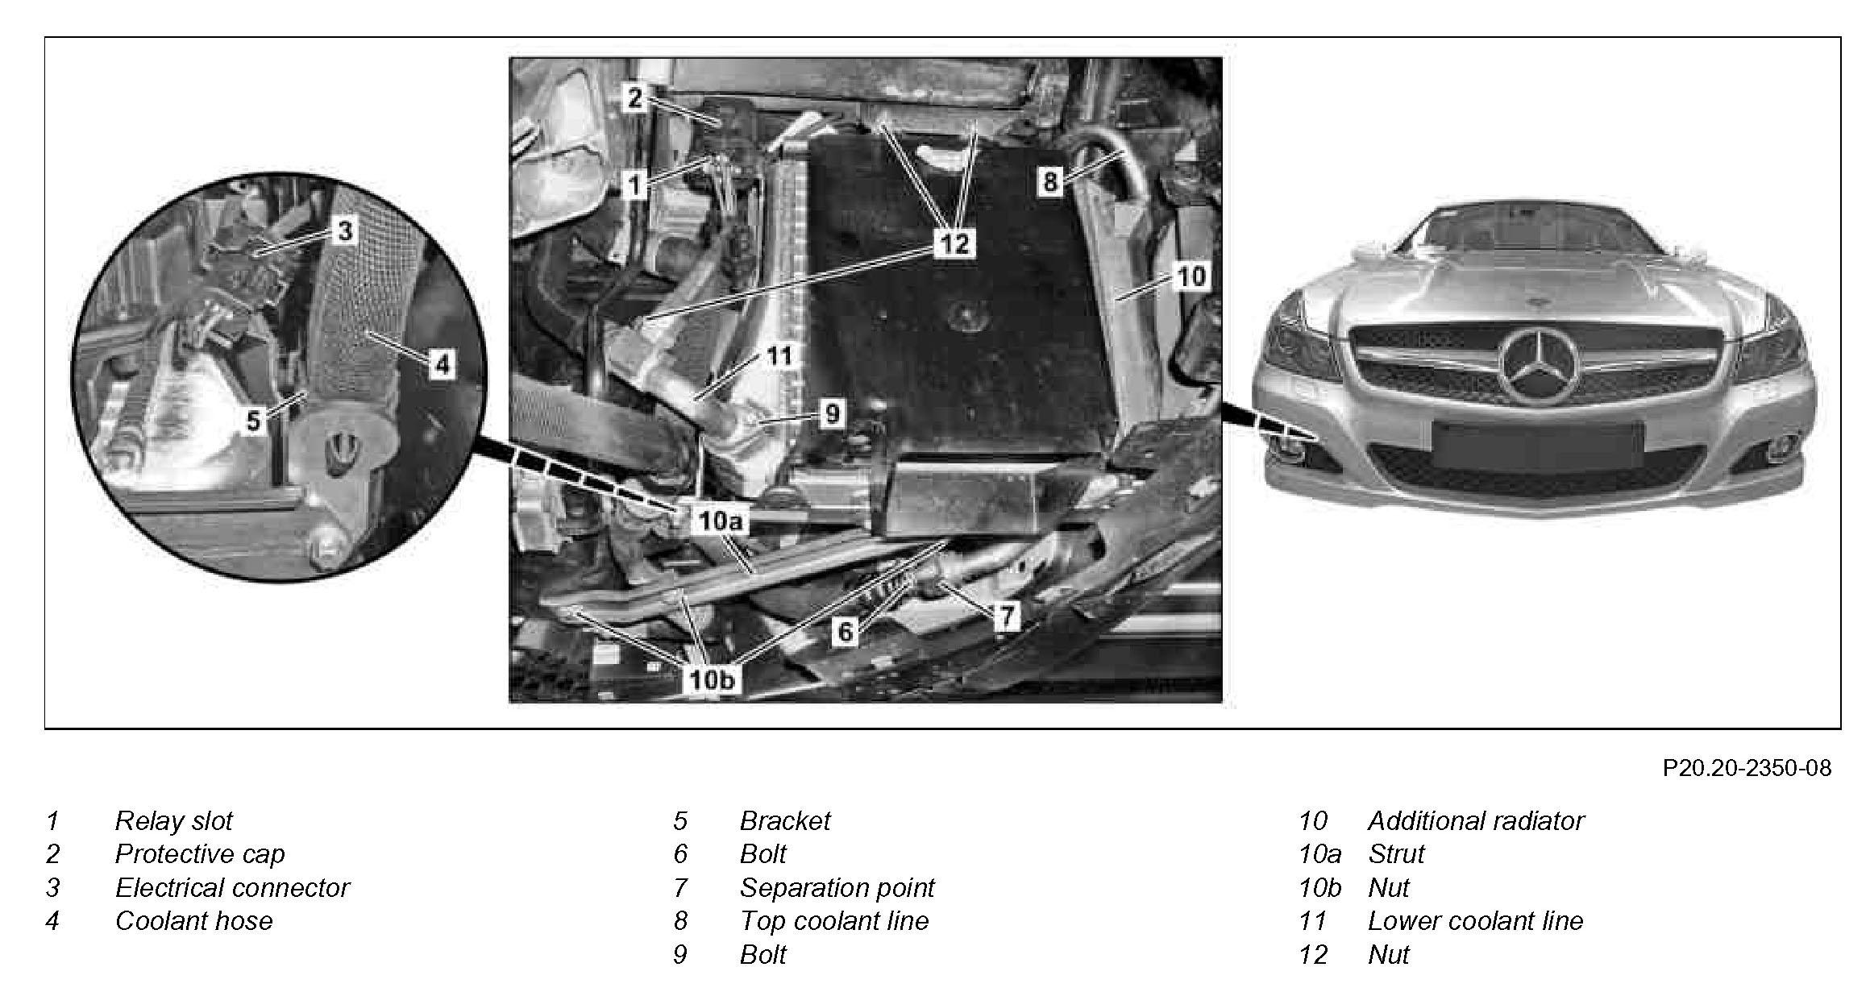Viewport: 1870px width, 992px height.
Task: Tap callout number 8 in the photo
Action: (x=1049, y=181)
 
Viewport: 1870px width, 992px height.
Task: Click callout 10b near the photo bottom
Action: (x=712, y=679)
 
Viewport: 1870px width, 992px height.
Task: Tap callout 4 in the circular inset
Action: (x=442, y=364)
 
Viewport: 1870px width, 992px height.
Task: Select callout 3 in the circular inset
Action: (x=345, y=231)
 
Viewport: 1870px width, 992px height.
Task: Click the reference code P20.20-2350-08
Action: (x=1747, y=768)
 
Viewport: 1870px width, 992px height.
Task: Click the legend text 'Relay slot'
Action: (x=173, y=820)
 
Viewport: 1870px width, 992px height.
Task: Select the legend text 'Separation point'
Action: (x=837, y=887)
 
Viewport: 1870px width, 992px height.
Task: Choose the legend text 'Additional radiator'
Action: (x=1475, y=820)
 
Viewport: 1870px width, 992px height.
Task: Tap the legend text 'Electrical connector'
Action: (x=232, y=887)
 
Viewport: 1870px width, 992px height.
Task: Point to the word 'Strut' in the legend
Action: (x=1396, y=853)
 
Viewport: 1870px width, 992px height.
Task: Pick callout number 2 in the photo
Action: (x=635, y=98)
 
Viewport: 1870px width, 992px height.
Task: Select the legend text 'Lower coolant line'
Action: (x=1475, y=920)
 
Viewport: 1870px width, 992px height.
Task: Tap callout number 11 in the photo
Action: (x=779, y=355)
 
